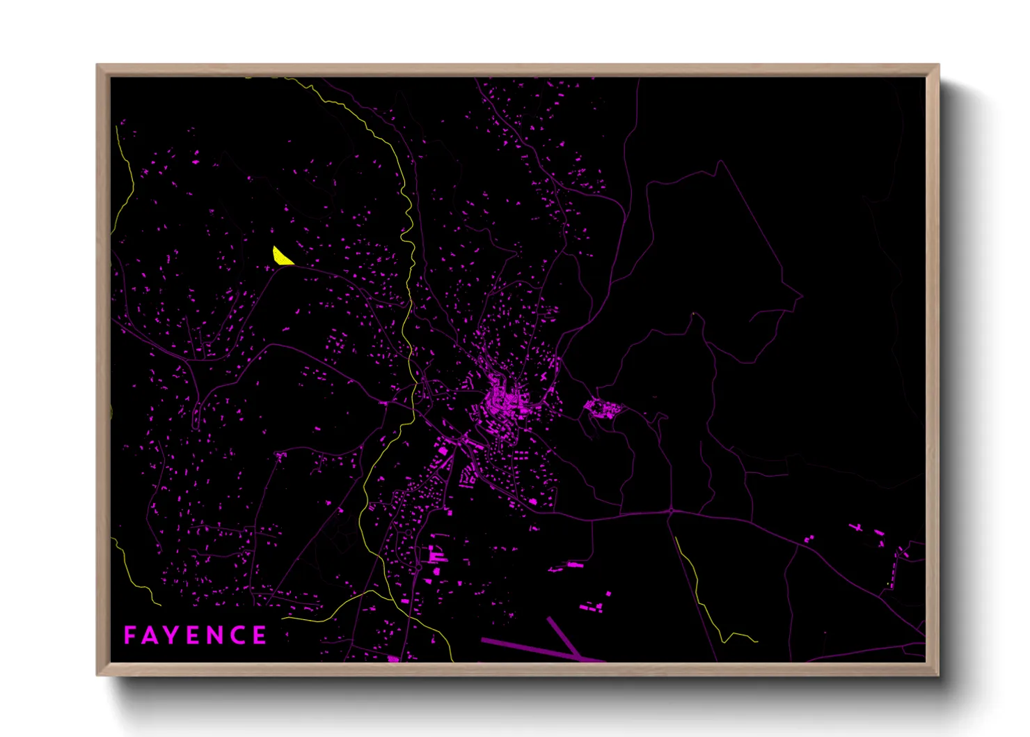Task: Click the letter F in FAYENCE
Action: (x=129, y=635)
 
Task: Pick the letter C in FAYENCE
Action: (x=239, y=635)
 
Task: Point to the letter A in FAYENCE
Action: (x=151, y=635)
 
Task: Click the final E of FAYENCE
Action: (x=260, y=635)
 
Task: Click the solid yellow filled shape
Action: (x=280, y=257)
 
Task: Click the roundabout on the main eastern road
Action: (x=671, y=512)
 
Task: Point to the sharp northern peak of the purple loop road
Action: (x=720, y=162)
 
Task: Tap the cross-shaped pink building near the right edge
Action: (x=856, y=527)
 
